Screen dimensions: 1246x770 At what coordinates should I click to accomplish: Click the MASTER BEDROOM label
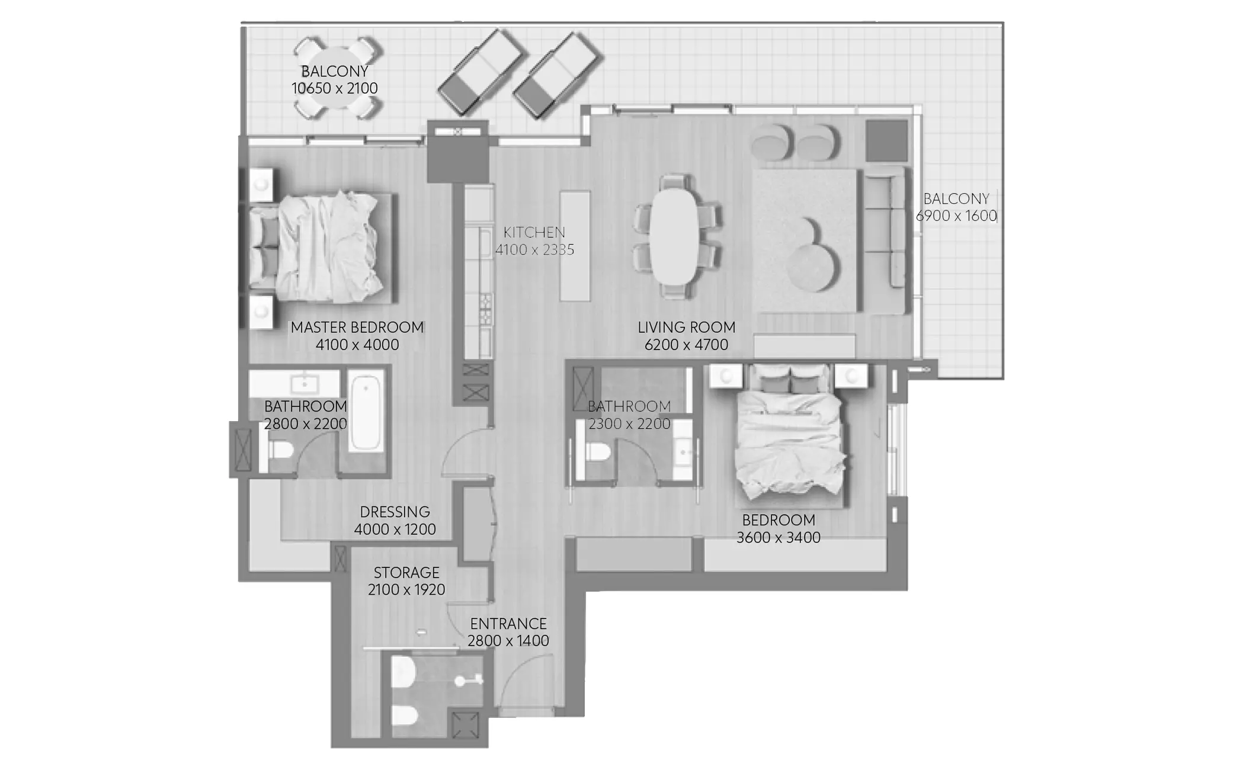(x=357, y=328)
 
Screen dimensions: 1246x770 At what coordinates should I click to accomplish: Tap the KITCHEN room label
(x=534, y=232)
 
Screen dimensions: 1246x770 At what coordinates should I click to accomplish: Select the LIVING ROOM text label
(x=686, y=328)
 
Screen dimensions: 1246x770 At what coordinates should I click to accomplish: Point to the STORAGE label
(x=406, y=573)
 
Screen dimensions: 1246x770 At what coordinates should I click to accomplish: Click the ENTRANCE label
(x=508, y=624)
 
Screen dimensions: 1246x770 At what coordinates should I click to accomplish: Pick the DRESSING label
(x=395, y=512)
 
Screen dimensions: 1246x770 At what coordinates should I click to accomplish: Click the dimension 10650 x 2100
(x=335, y=88)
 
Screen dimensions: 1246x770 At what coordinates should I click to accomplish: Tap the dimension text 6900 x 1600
(x=956, y=216)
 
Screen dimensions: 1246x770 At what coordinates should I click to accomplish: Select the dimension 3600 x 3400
(x=779, y=538)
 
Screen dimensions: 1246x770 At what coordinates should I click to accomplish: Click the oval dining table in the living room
(x=675, y=236)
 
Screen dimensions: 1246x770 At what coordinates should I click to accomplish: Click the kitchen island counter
(x=575, y=246)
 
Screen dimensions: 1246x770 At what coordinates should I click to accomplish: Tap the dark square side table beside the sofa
(x=887, y=140)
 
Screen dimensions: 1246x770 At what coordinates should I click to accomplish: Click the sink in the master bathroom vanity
(x=305, y=383)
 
